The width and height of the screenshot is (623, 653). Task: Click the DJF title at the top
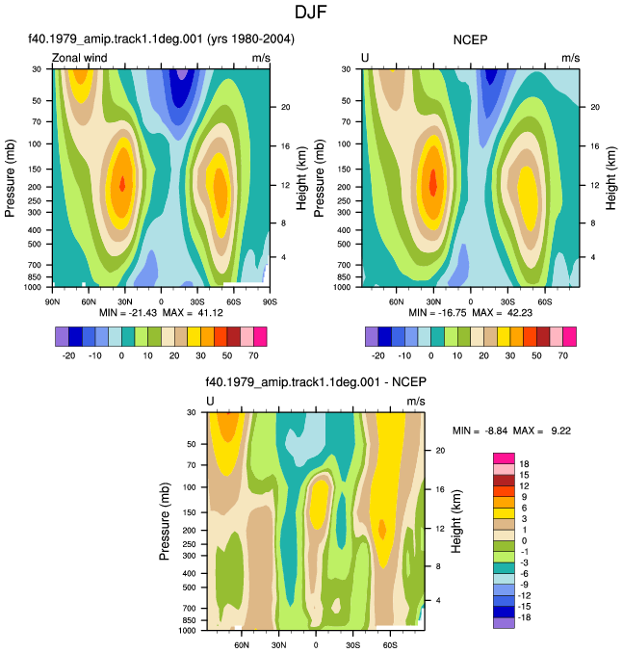tap(311, 13)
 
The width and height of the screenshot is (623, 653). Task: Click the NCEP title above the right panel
tap(470, 40)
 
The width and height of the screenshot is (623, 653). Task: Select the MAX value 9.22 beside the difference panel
tap(561, 431)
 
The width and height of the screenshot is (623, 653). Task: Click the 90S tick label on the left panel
tap(270, 301)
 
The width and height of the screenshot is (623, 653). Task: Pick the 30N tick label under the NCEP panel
tap(433, 301)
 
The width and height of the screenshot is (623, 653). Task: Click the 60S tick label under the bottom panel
tap(390, 645)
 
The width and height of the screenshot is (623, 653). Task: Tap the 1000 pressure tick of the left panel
tap(33, 287)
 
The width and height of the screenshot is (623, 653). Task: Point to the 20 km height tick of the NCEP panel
tap(595, 107)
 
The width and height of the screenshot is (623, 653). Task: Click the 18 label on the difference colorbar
tap(524, 464)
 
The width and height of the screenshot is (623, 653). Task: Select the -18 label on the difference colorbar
tap(524, 617)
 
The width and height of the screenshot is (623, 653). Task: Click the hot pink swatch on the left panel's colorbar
tap(260, 336)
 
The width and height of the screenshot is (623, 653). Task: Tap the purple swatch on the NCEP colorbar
tap(372, 336)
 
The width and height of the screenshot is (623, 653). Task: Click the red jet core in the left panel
tap(122, 183)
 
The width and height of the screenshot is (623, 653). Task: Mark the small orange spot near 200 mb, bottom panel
tap(382, 530)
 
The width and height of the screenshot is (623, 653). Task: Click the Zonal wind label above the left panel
tap(80, 58)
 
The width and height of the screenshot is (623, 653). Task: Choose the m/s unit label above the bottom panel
tap(416, 401)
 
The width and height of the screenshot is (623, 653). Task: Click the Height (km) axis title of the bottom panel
tap(456, 521)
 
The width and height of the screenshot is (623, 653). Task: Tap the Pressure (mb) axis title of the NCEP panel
tap(319, 178)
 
